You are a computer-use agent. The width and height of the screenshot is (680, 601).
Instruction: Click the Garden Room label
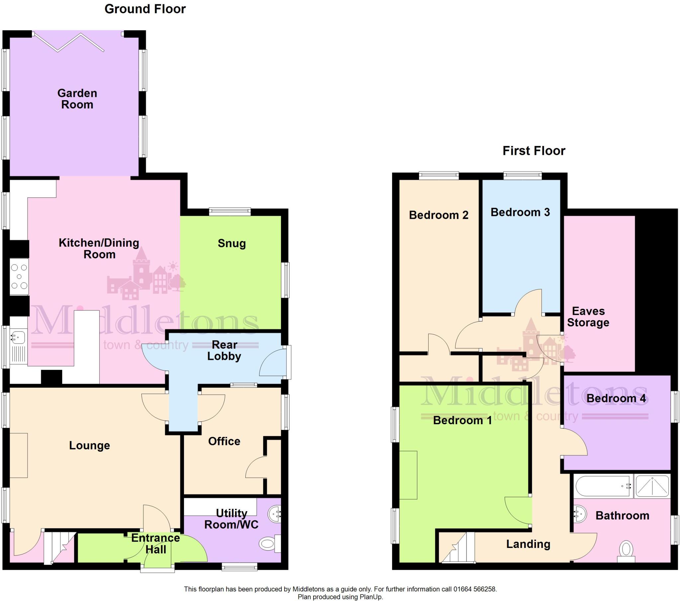(77, 99)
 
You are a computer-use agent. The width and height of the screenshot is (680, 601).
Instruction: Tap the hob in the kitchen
(19, 277)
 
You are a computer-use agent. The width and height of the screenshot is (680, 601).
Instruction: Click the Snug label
(231, 243)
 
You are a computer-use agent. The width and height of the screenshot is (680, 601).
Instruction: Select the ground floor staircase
(59, 547)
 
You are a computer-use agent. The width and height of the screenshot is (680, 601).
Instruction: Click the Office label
(224, 441)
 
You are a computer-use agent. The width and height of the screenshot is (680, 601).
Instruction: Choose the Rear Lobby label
(224, 350)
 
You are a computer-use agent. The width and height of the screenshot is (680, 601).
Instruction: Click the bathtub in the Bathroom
(603, 486)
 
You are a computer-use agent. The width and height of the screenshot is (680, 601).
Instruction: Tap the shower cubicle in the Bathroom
(652, 486)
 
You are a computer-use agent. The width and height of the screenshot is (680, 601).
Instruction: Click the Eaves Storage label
(588, 317)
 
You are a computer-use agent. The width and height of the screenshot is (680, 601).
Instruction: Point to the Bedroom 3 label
(520, 212)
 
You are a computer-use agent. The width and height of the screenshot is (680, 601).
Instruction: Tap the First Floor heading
(534, 151)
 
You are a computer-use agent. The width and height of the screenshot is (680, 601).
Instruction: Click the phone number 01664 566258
(475, 589)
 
